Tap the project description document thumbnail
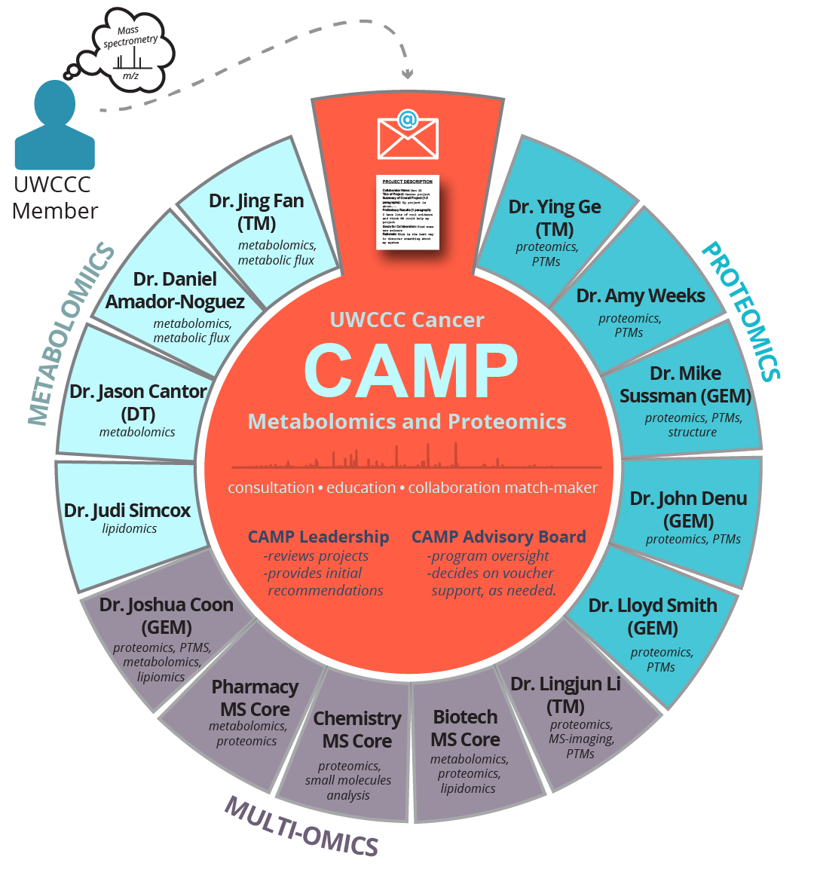coord(408,213)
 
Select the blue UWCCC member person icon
coord(55,128)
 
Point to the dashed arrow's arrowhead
coord(408,74)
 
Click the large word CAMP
coord(411,371)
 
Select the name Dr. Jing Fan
coord(256,201)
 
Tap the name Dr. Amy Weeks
coord(640,296)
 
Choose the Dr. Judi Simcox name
coord(127,510)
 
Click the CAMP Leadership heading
coord(318,537)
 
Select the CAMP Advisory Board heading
coord(498,537)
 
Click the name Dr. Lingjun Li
coord(565,684)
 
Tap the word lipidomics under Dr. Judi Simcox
coord(129,528)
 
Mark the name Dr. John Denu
coord(688,499)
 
